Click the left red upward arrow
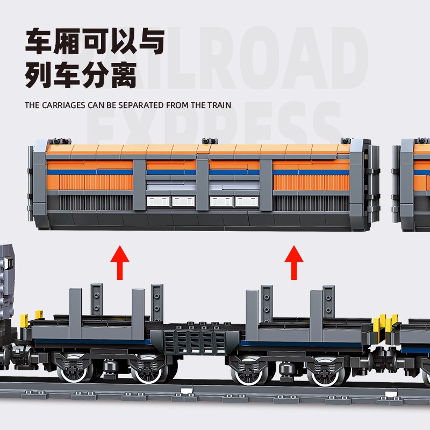[x=120, y=262]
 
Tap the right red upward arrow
[x=293, y=262]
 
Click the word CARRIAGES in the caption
[x=63, y=105]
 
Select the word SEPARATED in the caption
[x=138, y=105]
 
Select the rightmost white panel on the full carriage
[x=247, y=202]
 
